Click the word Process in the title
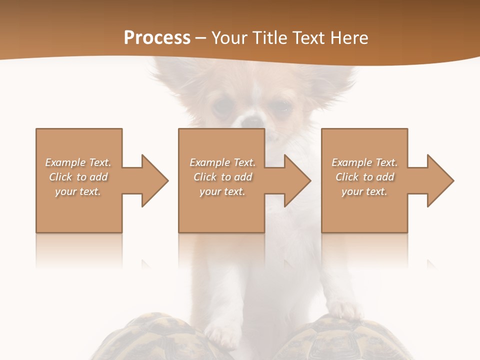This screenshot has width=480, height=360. coord(157,38)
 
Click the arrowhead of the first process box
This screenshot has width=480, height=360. coord(153,180)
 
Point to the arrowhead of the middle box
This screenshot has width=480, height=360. coord(296,180)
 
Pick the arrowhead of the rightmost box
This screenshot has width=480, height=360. coord(439,180)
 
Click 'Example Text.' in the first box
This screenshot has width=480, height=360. coord(78,162)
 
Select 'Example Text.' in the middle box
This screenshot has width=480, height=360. coord(222,162)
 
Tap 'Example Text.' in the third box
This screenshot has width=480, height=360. coord(364,162)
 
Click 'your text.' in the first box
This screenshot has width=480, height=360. coord(78,191)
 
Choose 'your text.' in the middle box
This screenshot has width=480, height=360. coord(222,191)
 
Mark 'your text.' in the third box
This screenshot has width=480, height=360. coord(364,191)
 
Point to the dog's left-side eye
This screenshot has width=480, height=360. coord(222,105)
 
